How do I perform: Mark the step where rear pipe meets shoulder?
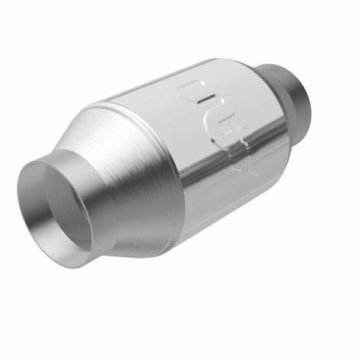(x=282, y=75)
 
